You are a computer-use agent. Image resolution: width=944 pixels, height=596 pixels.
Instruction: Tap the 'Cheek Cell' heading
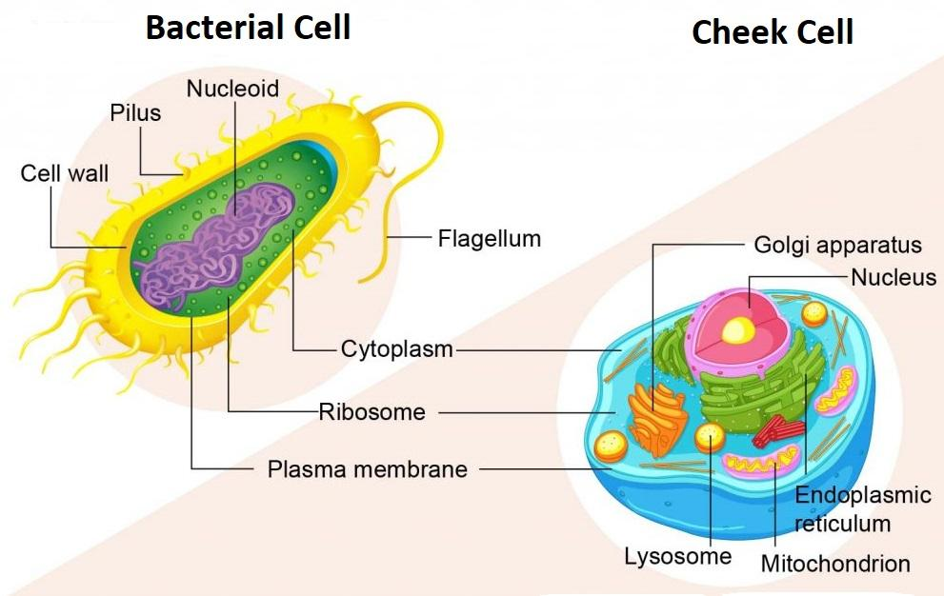(x=772, y=32)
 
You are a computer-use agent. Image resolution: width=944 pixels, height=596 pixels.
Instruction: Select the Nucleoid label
(x=232, y=89)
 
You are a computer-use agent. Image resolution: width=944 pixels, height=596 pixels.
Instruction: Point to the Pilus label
(x=134, y=113)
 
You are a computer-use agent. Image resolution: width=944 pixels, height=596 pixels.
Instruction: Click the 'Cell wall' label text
(x=64, y=173)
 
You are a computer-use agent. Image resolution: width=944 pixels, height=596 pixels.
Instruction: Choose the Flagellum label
(x=489, y=238)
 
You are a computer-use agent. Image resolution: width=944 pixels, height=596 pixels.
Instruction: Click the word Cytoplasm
(x=396, y=349)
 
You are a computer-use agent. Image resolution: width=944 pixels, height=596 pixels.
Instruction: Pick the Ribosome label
(x=372, y=413)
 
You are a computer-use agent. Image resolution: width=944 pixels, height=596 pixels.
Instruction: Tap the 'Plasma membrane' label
(x=367, y=469)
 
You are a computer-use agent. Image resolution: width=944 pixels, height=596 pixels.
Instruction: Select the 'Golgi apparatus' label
(x=837, y=245)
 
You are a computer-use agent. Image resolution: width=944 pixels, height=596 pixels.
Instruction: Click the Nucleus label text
(x=894, y=278)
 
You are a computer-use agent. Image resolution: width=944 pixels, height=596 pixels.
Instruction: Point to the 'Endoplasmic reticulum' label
(x=849, y=508)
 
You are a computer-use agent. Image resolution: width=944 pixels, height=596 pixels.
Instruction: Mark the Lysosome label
(x=677, y=556)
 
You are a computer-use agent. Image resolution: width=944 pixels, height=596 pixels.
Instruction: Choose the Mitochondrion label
(x=835, y=563)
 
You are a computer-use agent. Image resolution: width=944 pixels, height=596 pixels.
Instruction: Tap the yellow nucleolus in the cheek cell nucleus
(x=736, y=329)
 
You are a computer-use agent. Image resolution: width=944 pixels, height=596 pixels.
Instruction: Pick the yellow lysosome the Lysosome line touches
(x=710, y=437)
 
